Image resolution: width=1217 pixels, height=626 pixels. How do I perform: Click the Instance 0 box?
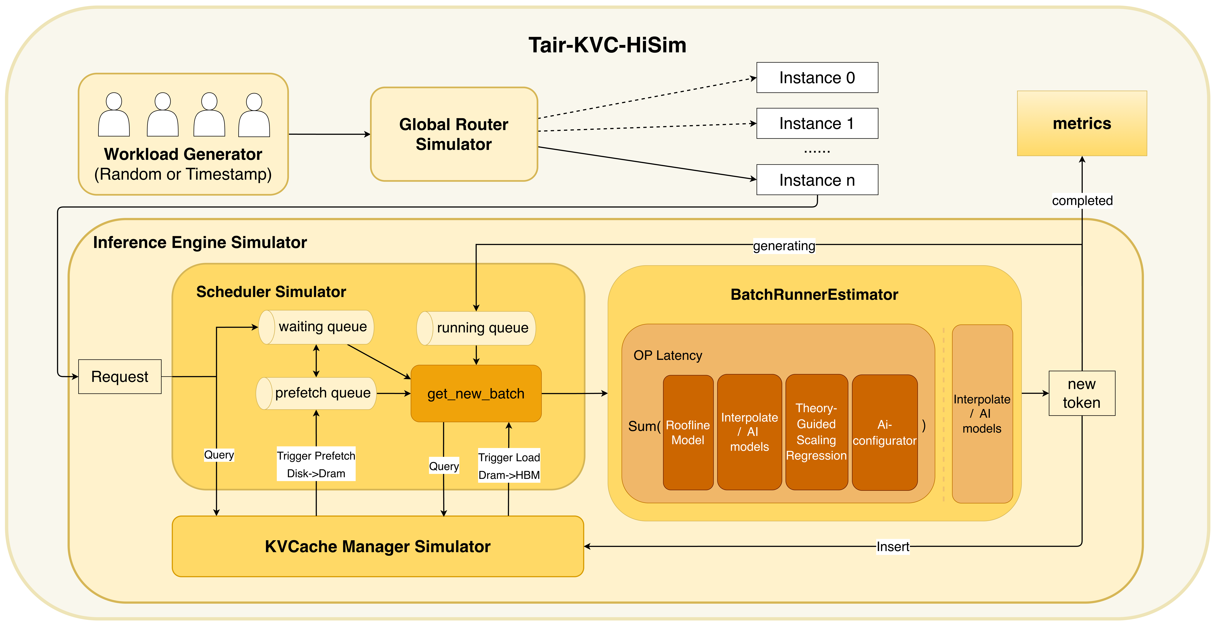click(817, 77)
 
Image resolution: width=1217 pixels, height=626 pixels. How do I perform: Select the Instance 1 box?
click(817, 123)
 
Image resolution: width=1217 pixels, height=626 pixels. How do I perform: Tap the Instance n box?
click(817, 180)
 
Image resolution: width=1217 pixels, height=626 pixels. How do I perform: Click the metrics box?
click(1081, 123)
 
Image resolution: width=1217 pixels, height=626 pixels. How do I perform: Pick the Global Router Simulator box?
click(454, 134)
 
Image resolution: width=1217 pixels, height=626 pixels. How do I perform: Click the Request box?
click(120, 377)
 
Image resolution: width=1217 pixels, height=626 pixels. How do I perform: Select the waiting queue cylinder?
click(317, 327)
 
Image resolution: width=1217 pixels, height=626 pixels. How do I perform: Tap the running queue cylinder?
click(476, 328)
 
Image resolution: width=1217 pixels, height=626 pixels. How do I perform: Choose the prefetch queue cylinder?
click(317, 393)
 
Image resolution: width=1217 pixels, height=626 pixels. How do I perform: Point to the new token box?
click(1081, 393)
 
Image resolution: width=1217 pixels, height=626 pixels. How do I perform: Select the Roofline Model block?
click(688, 432)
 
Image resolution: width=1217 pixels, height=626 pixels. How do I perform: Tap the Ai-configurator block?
click(884, 432)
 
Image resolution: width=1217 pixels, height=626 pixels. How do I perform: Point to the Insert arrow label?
click(892, 547)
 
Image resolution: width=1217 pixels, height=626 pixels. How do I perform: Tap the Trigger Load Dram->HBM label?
click(509, 466)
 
